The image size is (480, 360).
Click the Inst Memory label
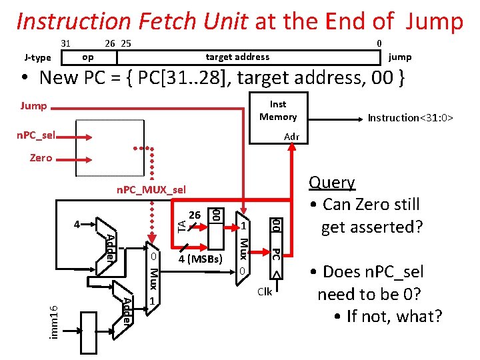pos(278,111)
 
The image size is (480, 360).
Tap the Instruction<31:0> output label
pos(411,118)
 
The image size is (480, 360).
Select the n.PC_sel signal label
pos(36,136)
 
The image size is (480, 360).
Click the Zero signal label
pos(41,158)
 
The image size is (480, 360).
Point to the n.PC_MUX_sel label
pos(151,189)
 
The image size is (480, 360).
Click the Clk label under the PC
pos(265,292)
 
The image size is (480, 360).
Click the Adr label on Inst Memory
pos(291,137)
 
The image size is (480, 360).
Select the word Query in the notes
pos(332,183)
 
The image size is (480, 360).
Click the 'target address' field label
pos(237,57)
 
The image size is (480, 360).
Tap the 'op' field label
pos(87,57)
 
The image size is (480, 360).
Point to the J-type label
pos(37,57)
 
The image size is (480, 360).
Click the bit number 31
pos(66,43)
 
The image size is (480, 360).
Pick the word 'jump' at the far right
pos(400,57)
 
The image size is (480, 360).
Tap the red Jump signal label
pos(33,106)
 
